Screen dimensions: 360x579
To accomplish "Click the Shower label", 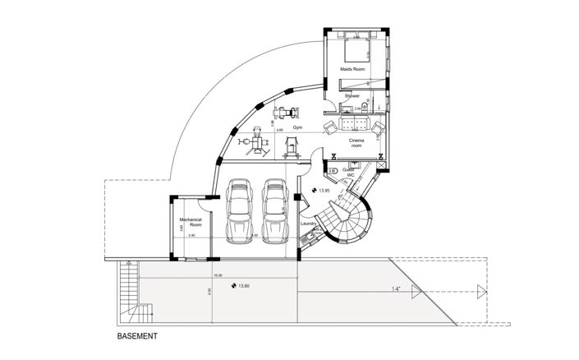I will [352, 96].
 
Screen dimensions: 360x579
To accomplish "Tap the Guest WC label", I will [348, 173].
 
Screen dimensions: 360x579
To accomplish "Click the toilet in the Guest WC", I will [333, 170].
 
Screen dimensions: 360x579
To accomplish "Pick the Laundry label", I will [308, 224].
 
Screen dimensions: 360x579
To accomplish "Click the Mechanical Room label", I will [191, 224].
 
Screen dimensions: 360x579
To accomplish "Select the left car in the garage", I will [238, 211].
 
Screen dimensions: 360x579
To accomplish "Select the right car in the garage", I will [275, 211].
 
